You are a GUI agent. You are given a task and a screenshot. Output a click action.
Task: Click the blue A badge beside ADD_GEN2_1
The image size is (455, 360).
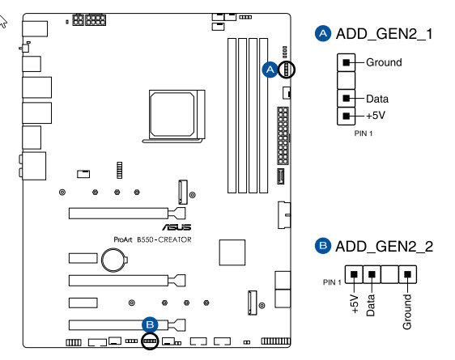(323, 34)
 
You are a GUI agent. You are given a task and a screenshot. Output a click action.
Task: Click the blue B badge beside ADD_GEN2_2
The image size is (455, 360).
(323, 246)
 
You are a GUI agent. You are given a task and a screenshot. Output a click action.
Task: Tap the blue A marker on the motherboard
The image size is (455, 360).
(270, 70)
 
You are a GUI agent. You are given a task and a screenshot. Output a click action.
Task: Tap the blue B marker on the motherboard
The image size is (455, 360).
(150, 324)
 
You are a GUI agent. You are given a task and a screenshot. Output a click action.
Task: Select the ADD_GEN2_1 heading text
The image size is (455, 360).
(385, 34)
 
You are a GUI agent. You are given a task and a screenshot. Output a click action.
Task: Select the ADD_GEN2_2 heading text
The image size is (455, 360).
(385, 247)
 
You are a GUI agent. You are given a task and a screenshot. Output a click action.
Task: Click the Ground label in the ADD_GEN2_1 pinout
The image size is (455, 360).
(384, 62)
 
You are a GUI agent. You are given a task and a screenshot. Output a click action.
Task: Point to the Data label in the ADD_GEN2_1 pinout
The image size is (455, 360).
(377, 99)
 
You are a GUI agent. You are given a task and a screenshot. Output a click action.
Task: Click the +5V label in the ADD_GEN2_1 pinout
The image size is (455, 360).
(376, 116)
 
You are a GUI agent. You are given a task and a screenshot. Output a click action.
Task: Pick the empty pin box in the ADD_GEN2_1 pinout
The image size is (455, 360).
(346, 80)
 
